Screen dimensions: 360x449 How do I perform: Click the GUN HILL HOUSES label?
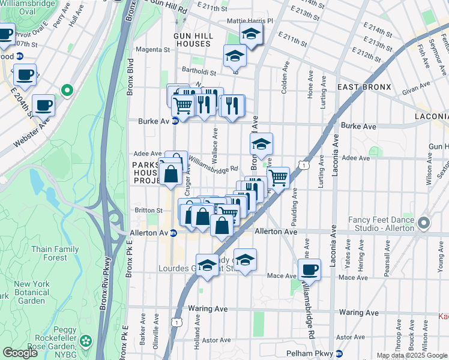pos(192,40)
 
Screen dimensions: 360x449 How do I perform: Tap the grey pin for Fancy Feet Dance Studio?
pos(424,224)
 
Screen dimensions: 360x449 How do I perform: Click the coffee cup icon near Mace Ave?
pos(310,270)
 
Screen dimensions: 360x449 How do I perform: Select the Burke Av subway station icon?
pos(175,121)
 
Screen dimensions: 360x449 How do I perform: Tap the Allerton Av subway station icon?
pos(173,233)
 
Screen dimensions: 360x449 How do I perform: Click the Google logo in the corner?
pos(20,353)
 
